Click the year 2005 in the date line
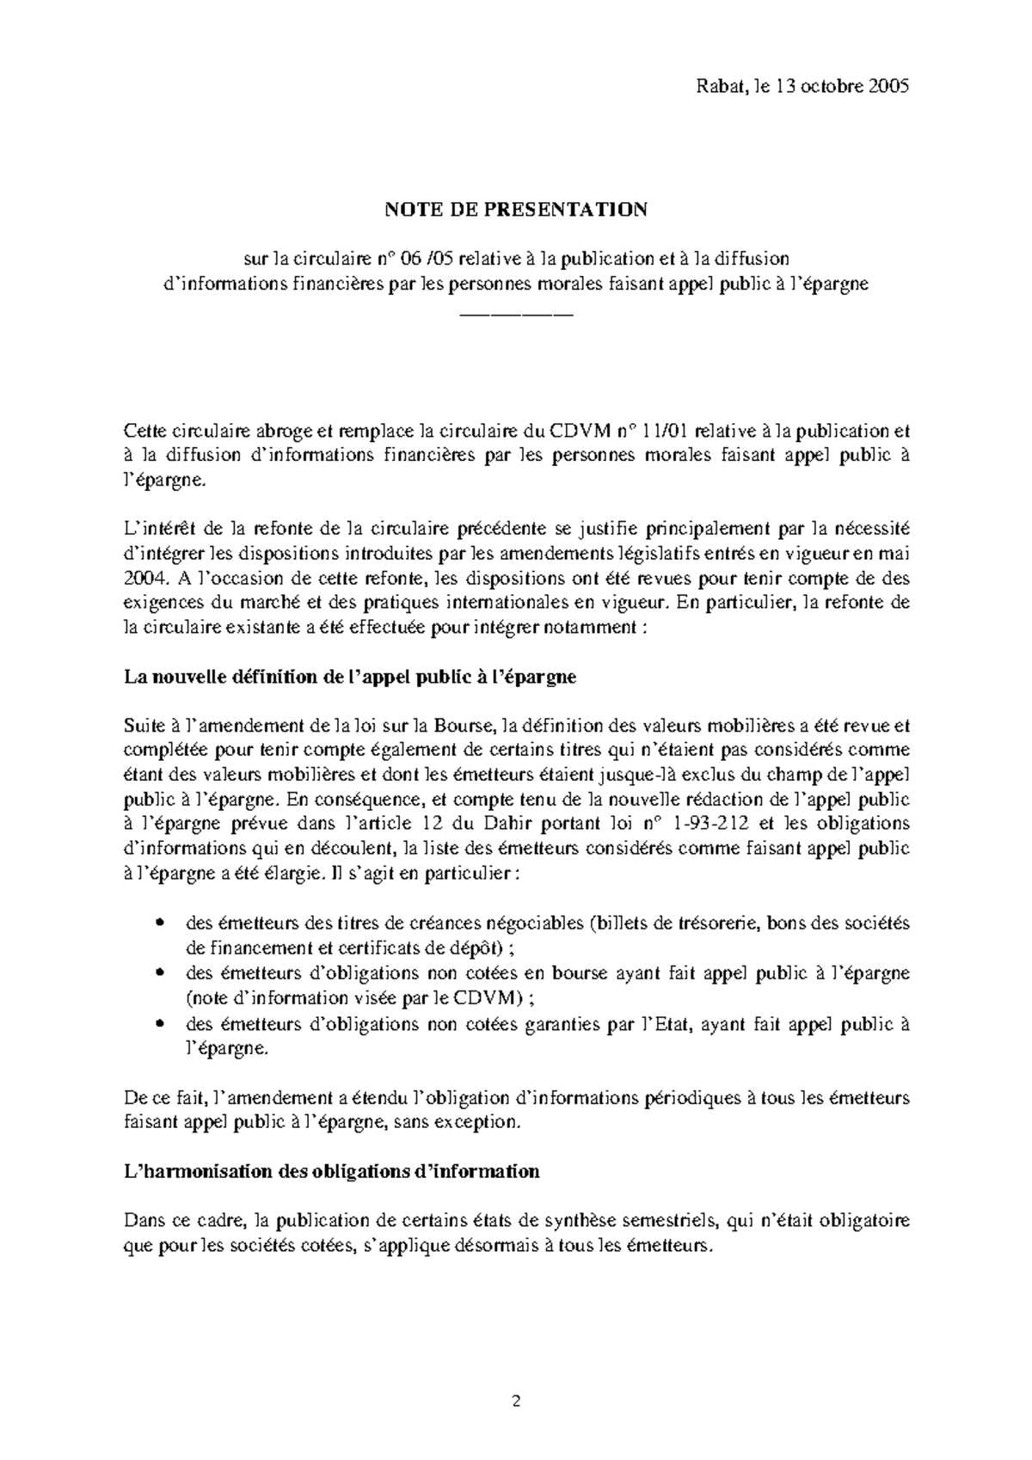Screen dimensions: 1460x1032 pyautogui.click(x=888, y=87)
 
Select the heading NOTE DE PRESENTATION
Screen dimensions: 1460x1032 pyautogui.click(x=515, y=209)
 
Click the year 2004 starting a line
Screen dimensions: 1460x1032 pyautogui.click(x=141, y=578)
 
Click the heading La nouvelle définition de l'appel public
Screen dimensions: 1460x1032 pyautogui.click(x=350, y=677)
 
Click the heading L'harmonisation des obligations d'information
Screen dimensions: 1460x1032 pyautogui.click(x=332, y=1171)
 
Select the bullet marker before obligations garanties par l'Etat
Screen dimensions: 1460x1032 pyautogui.click(x=158, y=1026)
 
